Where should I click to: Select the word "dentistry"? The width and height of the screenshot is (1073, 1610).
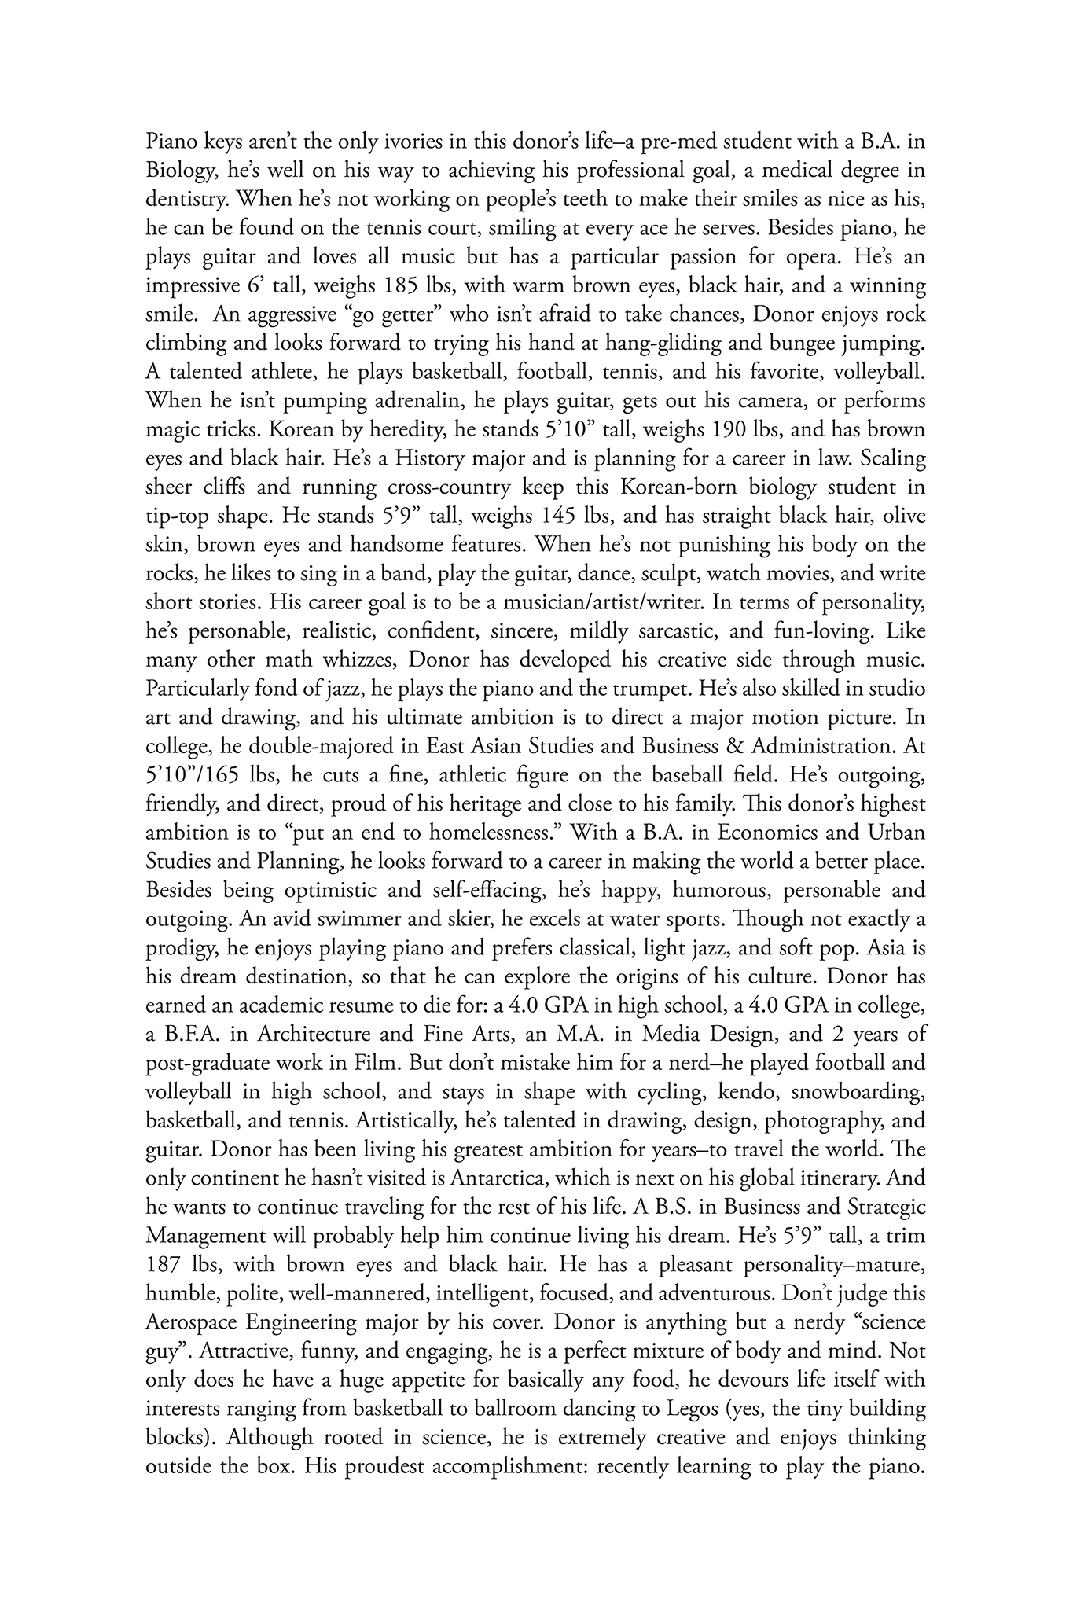coord(186,200)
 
